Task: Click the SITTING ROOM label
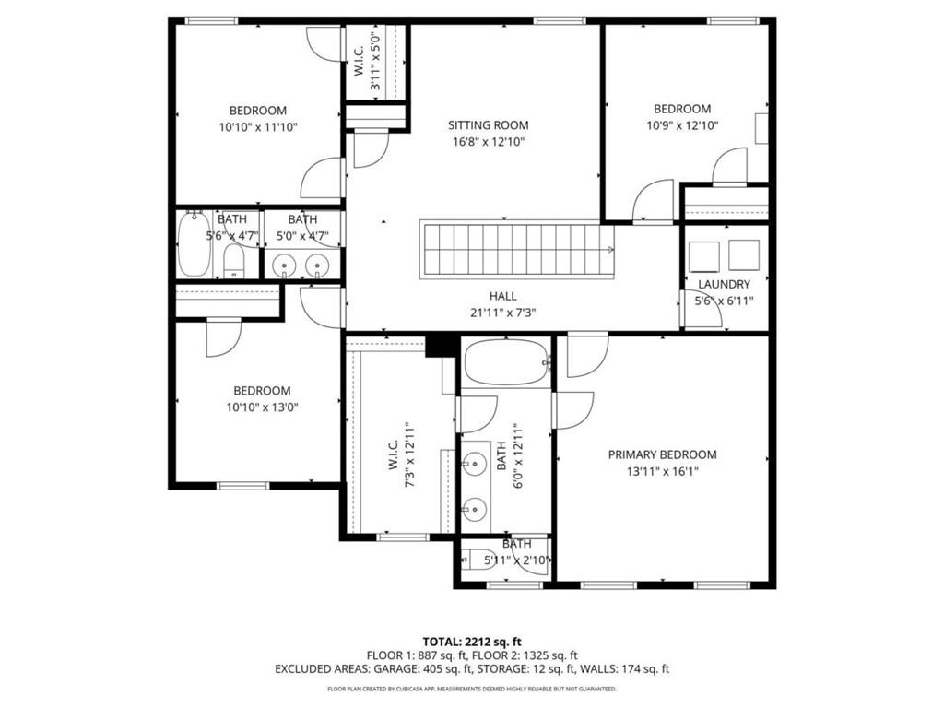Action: [x=489, y=125]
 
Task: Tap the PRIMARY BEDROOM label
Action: [x=662, y=454]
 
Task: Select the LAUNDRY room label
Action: [x=724, y=285]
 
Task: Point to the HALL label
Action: [x=502, y=296]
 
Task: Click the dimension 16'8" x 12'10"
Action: [x=489, y=142]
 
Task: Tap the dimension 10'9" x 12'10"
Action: [x=682, y=125]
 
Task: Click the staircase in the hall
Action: [x=516, y=249]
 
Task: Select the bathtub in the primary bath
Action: [x=505, y=362]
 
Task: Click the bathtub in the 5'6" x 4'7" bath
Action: [x=194, y=245]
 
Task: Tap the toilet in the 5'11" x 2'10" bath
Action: [x=481, y=559]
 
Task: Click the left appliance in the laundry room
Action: [x=703, y=254]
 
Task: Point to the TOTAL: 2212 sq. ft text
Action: [x=471, y=641]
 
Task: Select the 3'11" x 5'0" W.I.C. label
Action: [x=366, y=61]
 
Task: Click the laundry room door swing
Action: [x=694, y=309]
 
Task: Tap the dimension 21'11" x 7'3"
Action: [x=502, y=313]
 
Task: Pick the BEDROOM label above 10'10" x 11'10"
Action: [x=258, y=111]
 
